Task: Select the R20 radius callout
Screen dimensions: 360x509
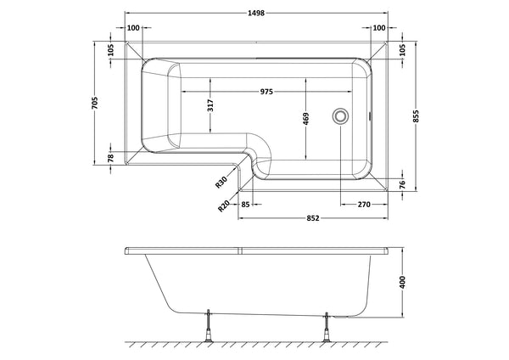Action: pos(224,203)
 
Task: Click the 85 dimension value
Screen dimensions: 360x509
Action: pos(245,204)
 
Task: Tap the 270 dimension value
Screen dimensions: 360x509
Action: pos(362,204)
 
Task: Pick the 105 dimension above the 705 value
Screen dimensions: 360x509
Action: pos(110,50)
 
